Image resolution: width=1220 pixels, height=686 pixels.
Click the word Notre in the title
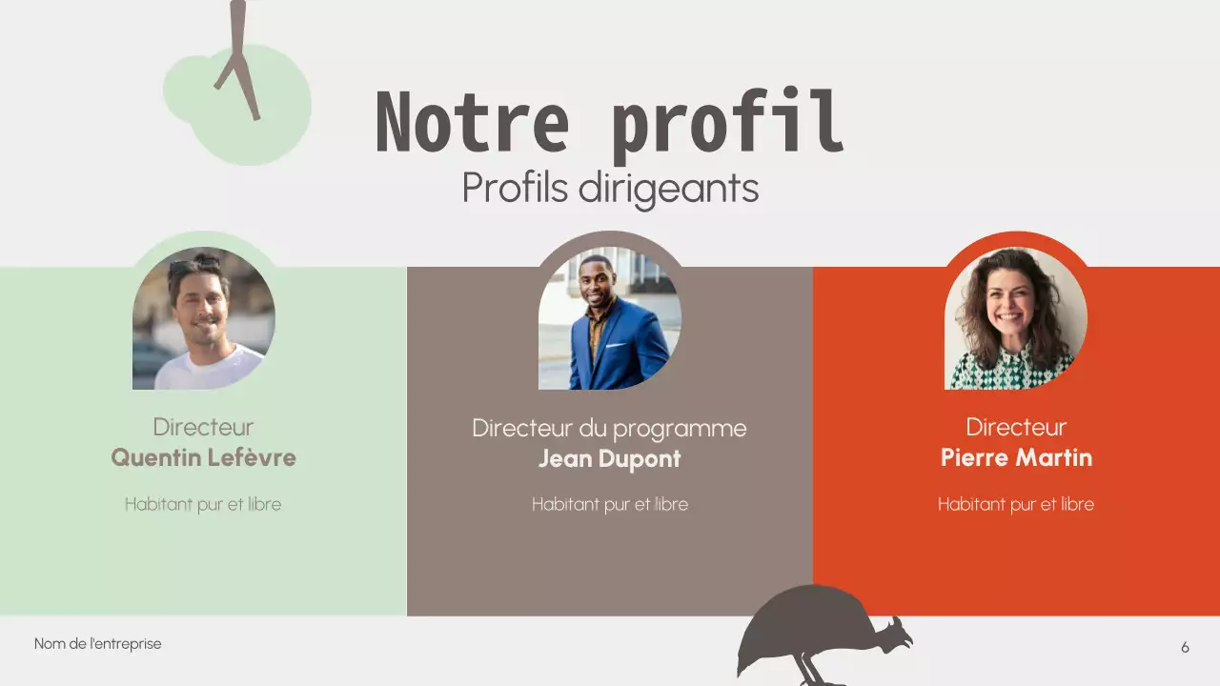coord(472,122)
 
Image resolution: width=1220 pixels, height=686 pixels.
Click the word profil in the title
coord(727,124)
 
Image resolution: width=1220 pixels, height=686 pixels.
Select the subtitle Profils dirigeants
coord(610,188)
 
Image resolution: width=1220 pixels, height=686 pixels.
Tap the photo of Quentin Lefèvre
coord(203,318)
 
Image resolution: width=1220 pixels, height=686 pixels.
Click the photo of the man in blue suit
coord(610,318)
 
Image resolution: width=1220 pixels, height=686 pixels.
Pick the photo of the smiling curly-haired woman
coord(1016,318)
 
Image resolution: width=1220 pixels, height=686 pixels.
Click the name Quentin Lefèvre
coord(203,457)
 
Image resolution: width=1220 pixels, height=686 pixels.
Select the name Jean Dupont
coord(610,458)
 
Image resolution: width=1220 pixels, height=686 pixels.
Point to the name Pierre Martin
coord(1016,457)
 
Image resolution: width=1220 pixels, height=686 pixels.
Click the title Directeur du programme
coord(610,428)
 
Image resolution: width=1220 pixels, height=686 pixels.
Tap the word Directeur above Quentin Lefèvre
coord(203,426)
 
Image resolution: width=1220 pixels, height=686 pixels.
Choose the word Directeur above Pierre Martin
coord(1016,426)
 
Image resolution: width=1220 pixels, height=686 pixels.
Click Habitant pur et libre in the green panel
coord(203,504)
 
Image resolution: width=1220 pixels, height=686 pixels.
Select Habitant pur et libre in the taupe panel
coord(610,504)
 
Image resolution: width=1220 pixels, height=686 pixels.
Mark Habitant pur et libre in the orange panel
coord(1016,504)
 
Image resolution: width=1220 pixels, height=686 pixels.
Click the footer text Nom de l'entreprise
coord(98,644)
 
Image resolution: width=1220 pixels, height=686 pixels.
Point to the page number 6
coord(1185,648)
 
